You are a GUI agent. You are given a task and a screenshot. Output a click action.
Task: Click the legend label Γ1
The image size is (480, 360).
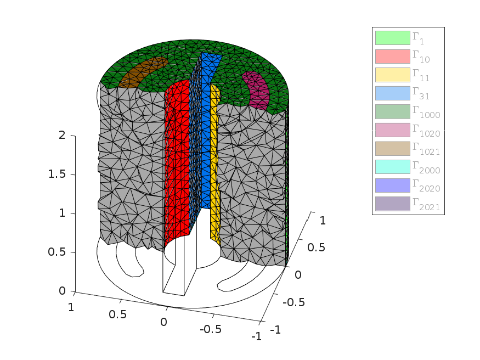418,38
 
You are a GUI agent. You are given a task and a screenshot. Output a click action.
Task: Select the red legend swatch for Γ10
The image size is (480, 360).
392,57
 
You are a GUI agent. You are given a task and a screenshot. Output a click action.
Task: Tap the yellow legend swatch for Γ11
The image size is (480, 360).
392,75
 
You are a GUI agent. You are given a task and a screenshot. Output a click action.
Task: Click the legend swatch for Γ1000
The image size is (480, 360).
392,111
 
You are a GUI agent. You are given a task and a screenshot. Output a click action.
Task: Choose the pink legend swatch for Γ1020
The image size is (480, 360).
392,130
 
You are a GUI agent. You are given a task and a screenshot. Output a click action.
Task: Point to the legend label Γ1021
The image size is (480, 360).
426,149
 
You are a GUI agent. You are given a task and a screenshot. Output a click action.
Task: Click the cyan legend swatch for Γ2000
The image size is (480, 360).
392,167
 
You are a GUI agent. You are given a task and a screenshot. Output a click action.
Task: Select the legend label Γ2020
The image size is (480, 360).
426,185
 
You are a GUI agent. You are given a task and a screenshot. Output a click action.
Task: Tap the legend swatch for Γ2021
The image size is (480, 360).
392,204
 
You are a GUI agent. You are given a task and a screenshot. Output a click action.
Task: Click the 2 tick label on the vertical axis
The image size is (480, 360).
62,135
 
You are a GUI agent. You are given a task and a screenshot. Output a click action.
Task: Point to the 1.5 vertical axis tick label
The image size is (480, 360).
57,174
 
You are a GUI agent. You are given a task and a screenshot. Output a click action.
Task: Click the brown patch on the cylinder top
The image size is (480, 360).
142,72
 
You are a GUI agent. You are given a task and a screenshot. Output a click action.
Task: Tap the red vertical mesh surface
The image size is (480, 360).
177,162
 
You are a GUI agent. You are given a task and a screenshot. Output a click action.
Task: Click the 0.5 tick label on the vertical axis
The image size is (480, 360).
57,252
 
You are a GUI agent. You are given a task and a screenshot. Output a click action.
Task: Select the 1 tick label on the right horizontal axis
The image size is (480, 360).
323,221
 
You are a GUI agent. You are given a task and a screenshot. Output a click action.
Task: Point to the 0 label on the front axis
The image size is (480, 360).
163,322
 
